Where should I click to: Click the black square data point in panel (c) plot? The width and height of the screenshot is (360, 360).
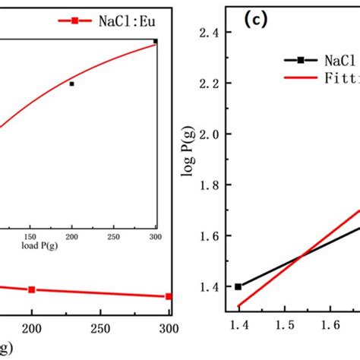point(238,286)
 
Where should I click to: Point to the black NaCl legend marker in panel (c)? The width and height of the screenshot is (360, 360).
point(302,59)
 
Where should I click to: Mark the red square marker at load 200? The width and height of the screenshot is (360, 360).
point(32,289)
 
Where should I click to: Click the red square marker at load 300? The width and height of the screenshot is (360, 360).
point(169,296)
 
